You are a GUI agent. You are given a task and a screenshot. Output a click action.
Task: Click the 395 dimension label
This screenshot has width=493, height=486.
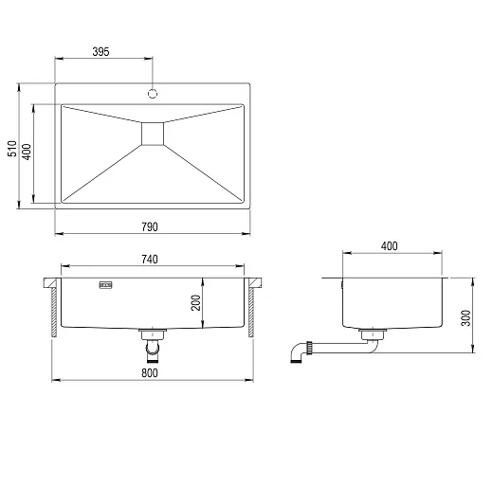100,51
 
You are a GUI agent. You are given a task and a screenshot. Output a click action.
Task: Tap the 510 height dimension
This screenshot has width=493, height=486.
12,149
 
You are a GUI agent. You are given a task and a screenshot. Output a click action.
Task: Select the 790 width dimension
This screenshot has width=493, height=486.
150,226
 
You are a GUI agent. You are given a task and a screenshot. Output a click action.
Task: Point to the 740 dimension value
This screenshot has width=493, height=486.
150,260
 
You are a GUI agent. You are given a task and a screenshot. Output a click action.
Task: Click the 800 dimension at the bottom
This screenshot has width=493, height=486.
150,373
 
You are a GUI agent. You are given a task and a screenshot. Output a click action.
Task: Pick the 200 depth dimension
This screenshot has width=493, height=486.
196,303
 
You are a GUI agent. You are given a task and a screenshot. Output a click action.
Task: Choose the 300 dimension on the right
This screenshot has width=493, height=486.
466,318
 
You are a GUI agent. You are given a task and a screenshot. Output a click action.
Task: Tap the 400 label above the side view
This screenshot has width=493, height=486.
389,246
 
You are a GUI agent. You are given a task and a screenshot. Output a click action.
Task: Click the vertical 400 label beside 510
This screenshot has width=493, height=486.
27,152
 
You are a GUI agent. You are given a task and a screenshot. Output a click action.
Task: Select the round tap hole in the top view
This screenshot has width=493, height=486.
153,94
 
